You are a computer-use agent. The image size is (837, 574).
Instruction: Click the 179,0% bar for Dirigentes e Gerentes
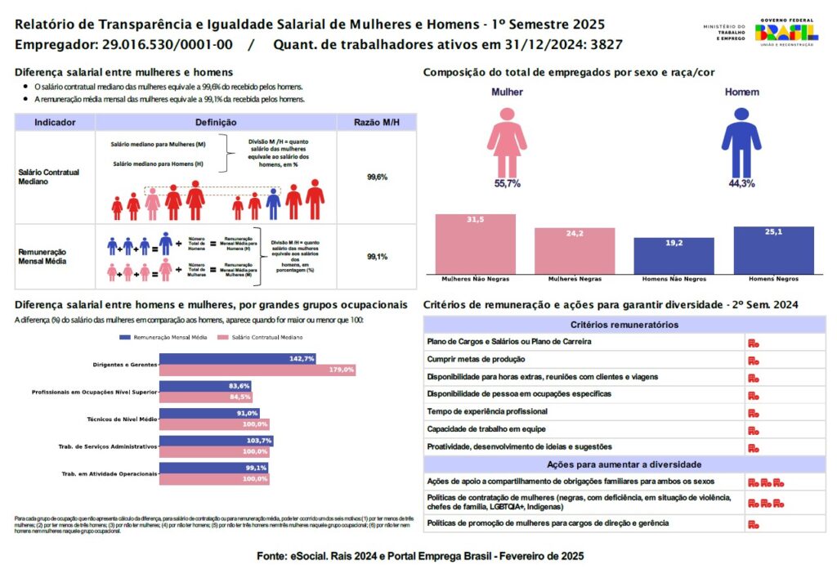tap(257, 370)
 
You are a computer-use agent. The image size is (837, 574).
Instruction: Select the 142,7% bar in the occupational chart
tap(237, 359)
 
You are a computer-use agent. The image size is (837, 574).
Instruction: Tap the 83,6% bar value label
tap(239, 386)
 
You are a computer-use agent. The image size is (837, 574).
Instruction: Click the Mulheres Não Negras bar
tap(475, 243)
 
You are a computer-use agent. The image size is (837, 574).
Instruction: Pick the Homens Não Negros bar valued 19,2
tap(674, 255)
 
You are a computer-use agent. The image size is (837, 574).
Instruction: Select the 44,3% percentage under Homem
tap(741, 184)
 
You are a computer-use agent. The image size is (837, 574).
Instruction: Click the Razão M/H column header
tap(377, 123)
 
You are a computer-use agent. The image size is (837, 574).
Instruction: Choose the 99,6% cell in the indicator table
tap(377, 177)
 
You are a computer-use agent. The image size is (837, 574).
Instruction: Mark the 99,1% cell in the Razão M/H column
tap(377, 257)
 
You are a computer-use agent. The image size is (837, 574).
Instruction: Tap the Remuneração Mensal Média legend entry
tap(163, 337)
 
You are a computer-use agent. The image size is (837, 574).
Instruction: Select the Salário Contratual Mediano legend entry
tap(262, 337)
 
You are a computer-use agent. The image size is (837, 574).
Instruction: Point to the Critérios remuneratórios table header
tap(624, 325)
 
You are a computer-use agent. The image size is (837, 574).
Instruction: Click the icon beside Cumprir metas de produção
tap(753, 360)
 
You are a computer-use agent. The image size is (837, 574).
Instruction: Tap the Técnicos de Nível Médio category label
tap(121, 419)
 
